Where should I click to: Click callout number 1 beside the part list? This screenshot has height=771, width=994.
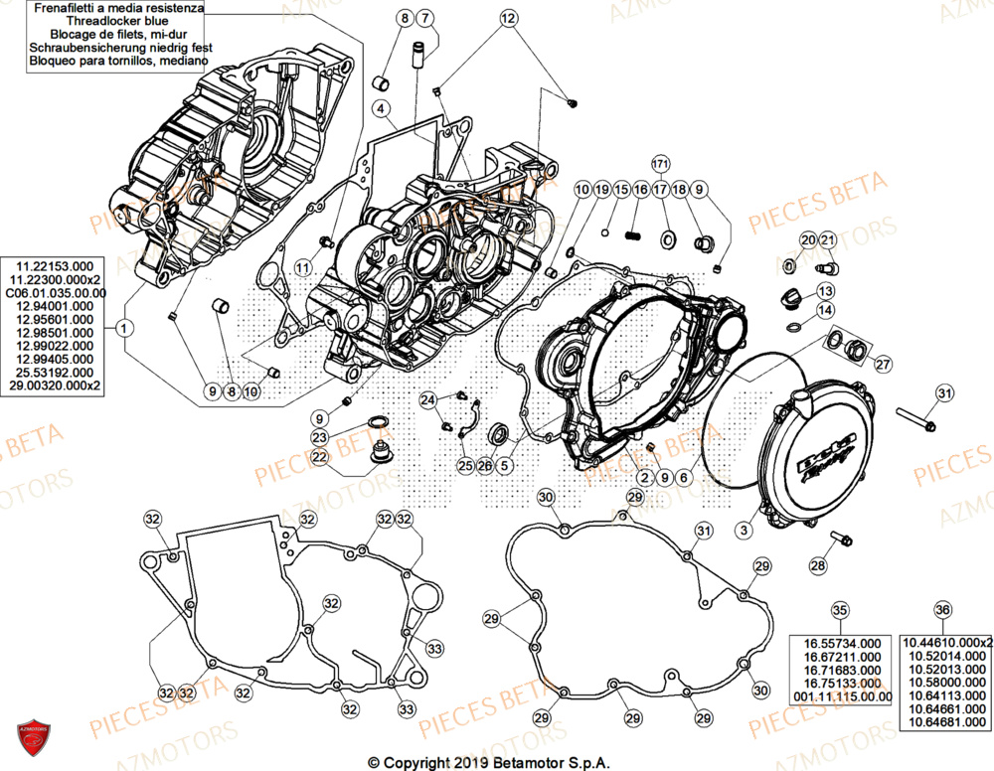point(123,326)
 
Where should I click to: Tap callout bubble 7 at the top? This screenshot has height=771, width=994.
point(424,19)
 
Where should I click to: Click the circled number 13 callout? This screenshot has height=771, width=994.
point(825,290)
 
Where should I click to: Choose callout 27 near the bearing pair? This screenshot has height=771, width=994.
point(882,365)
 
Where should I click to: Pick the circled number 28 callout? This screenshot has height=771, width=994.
point(817,565)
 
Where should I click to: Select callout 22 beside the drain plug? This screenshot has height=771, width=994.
point(319,457)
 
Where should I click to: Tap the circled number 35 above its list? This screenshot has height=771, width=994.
point(840,610)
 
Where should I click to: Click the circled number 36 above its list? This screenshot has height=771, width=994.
point(942,610)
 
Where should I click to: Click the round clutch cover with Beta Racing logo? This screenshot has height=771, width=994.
point(814,458)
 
